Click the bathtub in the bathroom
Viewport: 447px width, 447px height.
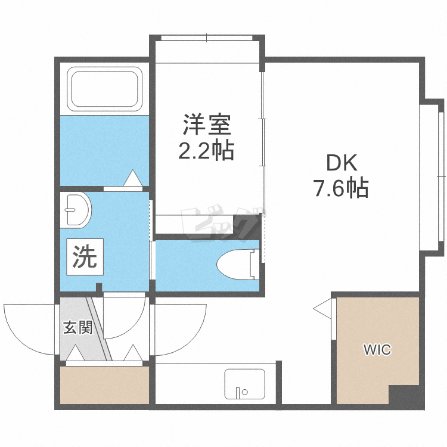point(104,89)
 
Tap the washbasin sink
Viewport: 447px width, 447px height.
point(76,210)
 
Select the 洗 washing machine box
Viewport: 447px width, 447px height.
point(85,257)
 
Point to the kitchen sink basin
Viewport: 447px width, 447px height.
point(245,384)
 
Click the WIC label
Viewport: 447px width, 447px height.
point(377,349)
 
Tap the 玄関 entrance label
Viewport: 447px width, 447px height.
point(78,327)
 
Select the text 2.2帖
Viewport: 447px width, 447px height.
point(206,150)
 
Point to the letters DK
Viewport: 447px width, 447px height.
point(342,163)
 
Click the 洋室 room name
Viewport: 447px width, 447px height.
point(207,125)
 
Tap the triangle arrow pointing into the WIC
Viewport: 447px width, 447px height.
point(322,309)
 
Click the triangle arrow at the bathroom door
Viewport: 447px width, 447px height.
point(133,178)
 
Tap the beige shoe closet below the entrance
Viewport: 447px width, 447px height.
point(105,385)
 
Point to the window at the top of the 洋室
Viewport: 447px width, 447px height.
point(207,38)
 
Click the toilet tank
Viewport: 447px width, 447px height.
point(254,264)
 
